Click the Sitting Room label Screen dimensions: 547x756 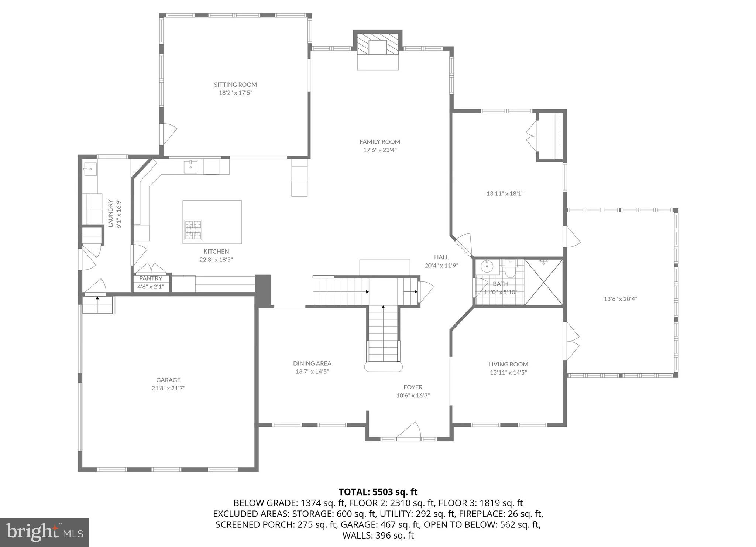tap(236, 85)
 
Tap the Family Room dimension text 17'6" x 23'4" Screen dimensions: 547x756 tap(380, 150)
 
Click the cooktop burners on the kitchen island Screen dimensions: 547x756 tap(193, 230)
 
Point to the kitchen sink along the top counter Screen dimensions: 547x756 tap(190, 167)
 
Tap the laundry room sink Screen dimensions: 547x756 tap(90, 170)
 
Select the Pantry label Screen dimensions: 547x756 tap(151, 278)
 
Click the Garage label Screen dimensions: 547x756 tap(168, 380)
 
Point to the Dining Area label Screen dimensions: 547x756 tap(312, 363)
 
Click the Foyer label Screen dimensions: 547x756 tap(413, 387)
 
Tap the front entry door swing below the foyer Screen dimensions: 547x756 tap(410, 431)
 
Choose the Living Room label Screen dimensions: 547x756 tap(508, 364)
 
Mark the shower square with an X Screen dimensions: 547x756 tap(544, 283)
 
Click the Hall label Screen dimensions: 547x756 tap(441, 257)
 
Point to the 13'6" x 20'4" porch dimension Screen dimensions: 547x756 tap(621, 299)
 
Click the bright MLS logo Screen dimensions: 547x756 tap(44, 532)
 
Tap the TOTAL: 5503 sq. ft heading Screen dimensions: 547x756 tap(378, 492)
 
